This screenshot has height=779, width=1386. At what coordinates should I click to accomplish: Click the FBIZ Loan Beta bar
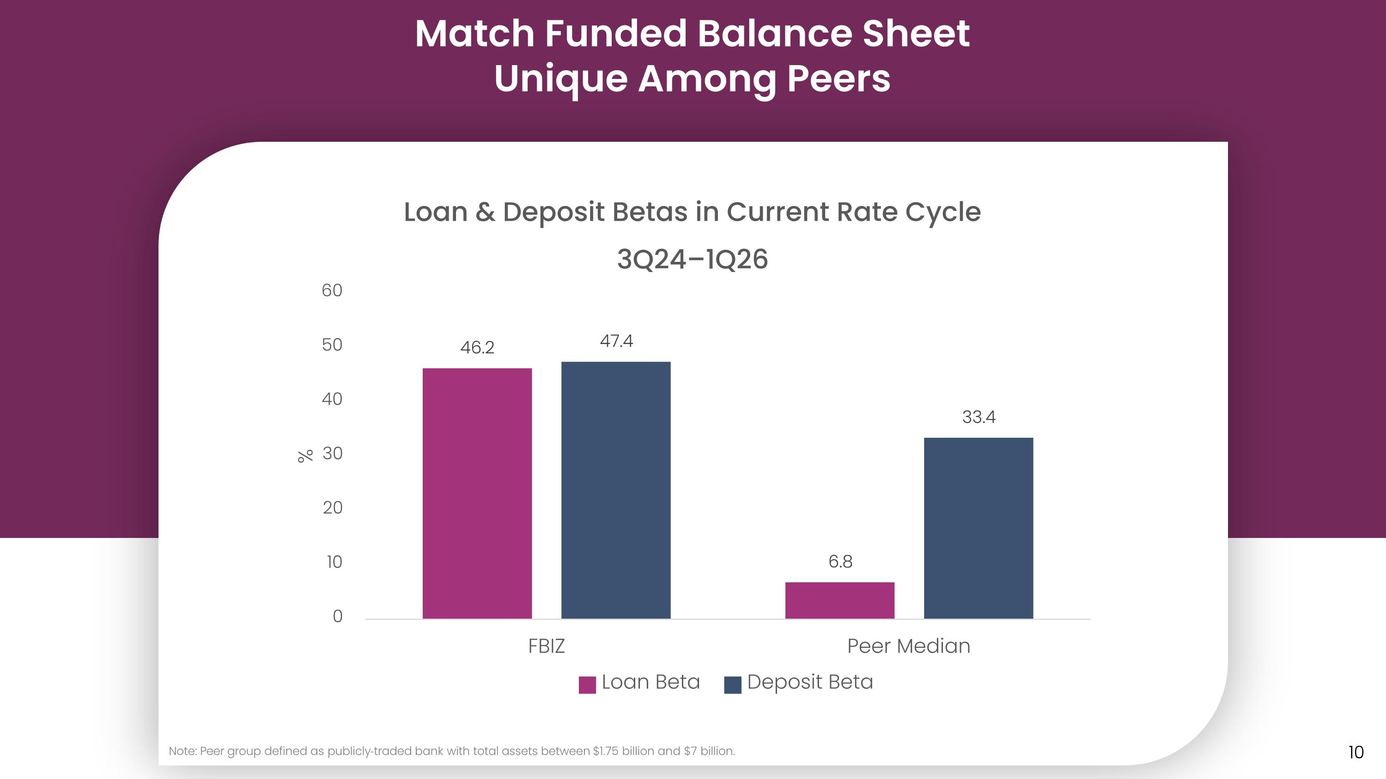(x=477, y=493)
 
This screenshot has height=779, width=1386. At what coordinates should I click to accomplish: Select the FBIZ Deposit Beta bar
(x=616, y=490)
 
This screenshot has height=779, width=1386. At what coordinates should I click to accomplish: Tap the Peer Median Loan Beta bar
(x=840, y=600)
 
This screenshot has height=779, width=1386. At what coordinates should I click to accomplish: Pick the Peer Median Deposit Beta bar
(x=979, y=528)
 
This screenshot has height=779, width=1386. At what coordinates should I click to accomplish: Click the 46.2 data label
(x=477, y=347)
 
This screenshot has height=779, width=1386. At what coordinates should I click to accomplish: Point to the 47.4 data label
(x=617, y=341)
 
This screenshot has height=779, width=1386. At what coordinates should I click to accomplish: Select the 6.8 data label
(x=840, y=561)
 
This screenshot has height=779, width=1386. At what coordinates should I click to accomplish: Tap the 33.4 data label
(x=979, y=417)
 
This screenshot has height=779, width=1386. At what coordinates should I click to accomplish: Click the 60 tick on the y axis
(x=332, y=290)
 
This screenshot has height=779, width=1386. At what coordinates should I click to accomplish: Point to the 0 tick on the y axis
(x=337, y=616)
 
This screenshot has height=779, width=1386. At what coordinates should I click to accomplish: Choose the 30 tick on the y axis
(x=333, y=453)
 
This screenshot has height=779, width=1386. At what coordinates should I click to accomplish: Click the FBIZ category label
(x=547, y=646)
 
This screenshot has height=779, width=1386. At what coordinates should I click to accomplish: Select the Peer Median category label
(x=909, y=646)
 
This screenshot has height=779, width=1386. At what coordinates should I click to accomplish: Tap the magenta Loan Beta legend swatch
(x=587, y=685)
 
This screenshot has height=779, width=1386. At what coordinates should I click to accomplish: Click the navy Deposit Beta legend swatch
(x=733, y=685)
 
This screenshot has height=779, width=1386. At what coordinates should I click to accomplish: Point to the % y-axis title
(x=305, y=456)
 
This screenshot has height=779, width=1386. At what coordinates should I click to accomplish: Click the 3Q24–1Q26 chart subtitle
(x=693, y=259)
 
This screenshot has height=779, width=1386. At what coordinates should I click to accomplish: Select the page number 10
(x=1356, y=752)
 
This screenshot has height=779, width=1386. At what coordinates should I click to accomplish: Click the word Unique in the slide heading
(x=561, y=79)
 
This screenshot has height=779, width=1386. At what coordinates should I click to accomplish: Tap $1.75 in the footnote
(x=606, y=751)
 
